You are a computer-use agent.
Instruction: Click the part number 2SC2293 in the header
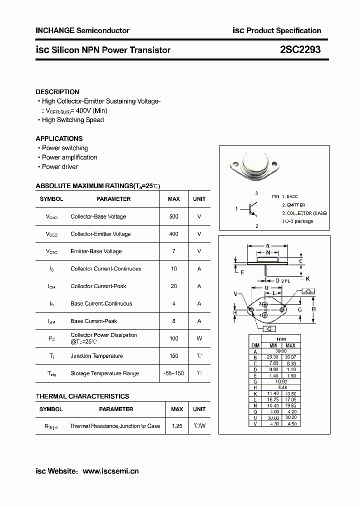[x=300, y=50]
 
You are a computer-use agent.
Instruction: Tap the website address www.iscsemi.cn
[x=110, y=471]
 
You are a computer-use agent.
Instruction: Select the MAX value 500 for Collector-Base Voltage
[x=173, y=216]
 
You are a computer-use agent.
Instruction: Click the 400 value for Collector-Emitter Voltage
[x=173, y=234]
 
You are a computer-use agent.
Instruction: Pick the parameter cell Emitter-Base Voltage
[x=96, y=251]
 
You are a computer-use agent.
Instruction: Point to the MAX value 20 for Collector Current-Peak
[x=173, y=286]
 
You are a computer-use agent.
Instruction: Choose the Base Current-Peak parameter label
[x=94, y=321]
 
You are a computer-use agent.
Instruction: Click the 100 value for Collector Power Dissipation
[x=173, y=338]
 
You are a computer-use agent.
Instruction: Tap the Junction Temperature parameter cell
[x=96, y=356]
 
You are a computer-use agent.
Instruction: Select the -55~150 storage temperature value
[x=173, y=373]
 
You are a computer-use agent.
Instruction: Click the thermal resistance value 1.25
[x=176, y=426]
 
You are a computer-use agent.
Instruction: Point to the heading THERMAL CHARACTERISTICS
[x=82, y=396]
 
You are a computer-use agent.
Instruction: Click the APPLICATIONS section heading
[x=59, y=138]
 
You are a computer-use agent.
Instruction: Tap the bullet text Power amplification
[x=69, y=157]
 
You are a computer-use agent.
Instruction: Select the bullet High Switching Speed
[x=72, y=120]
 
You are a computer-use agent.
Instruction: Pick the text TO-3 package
[x=297, y=221]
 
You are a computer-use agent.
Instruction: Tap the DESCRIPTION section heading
[x=57, y=92]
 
